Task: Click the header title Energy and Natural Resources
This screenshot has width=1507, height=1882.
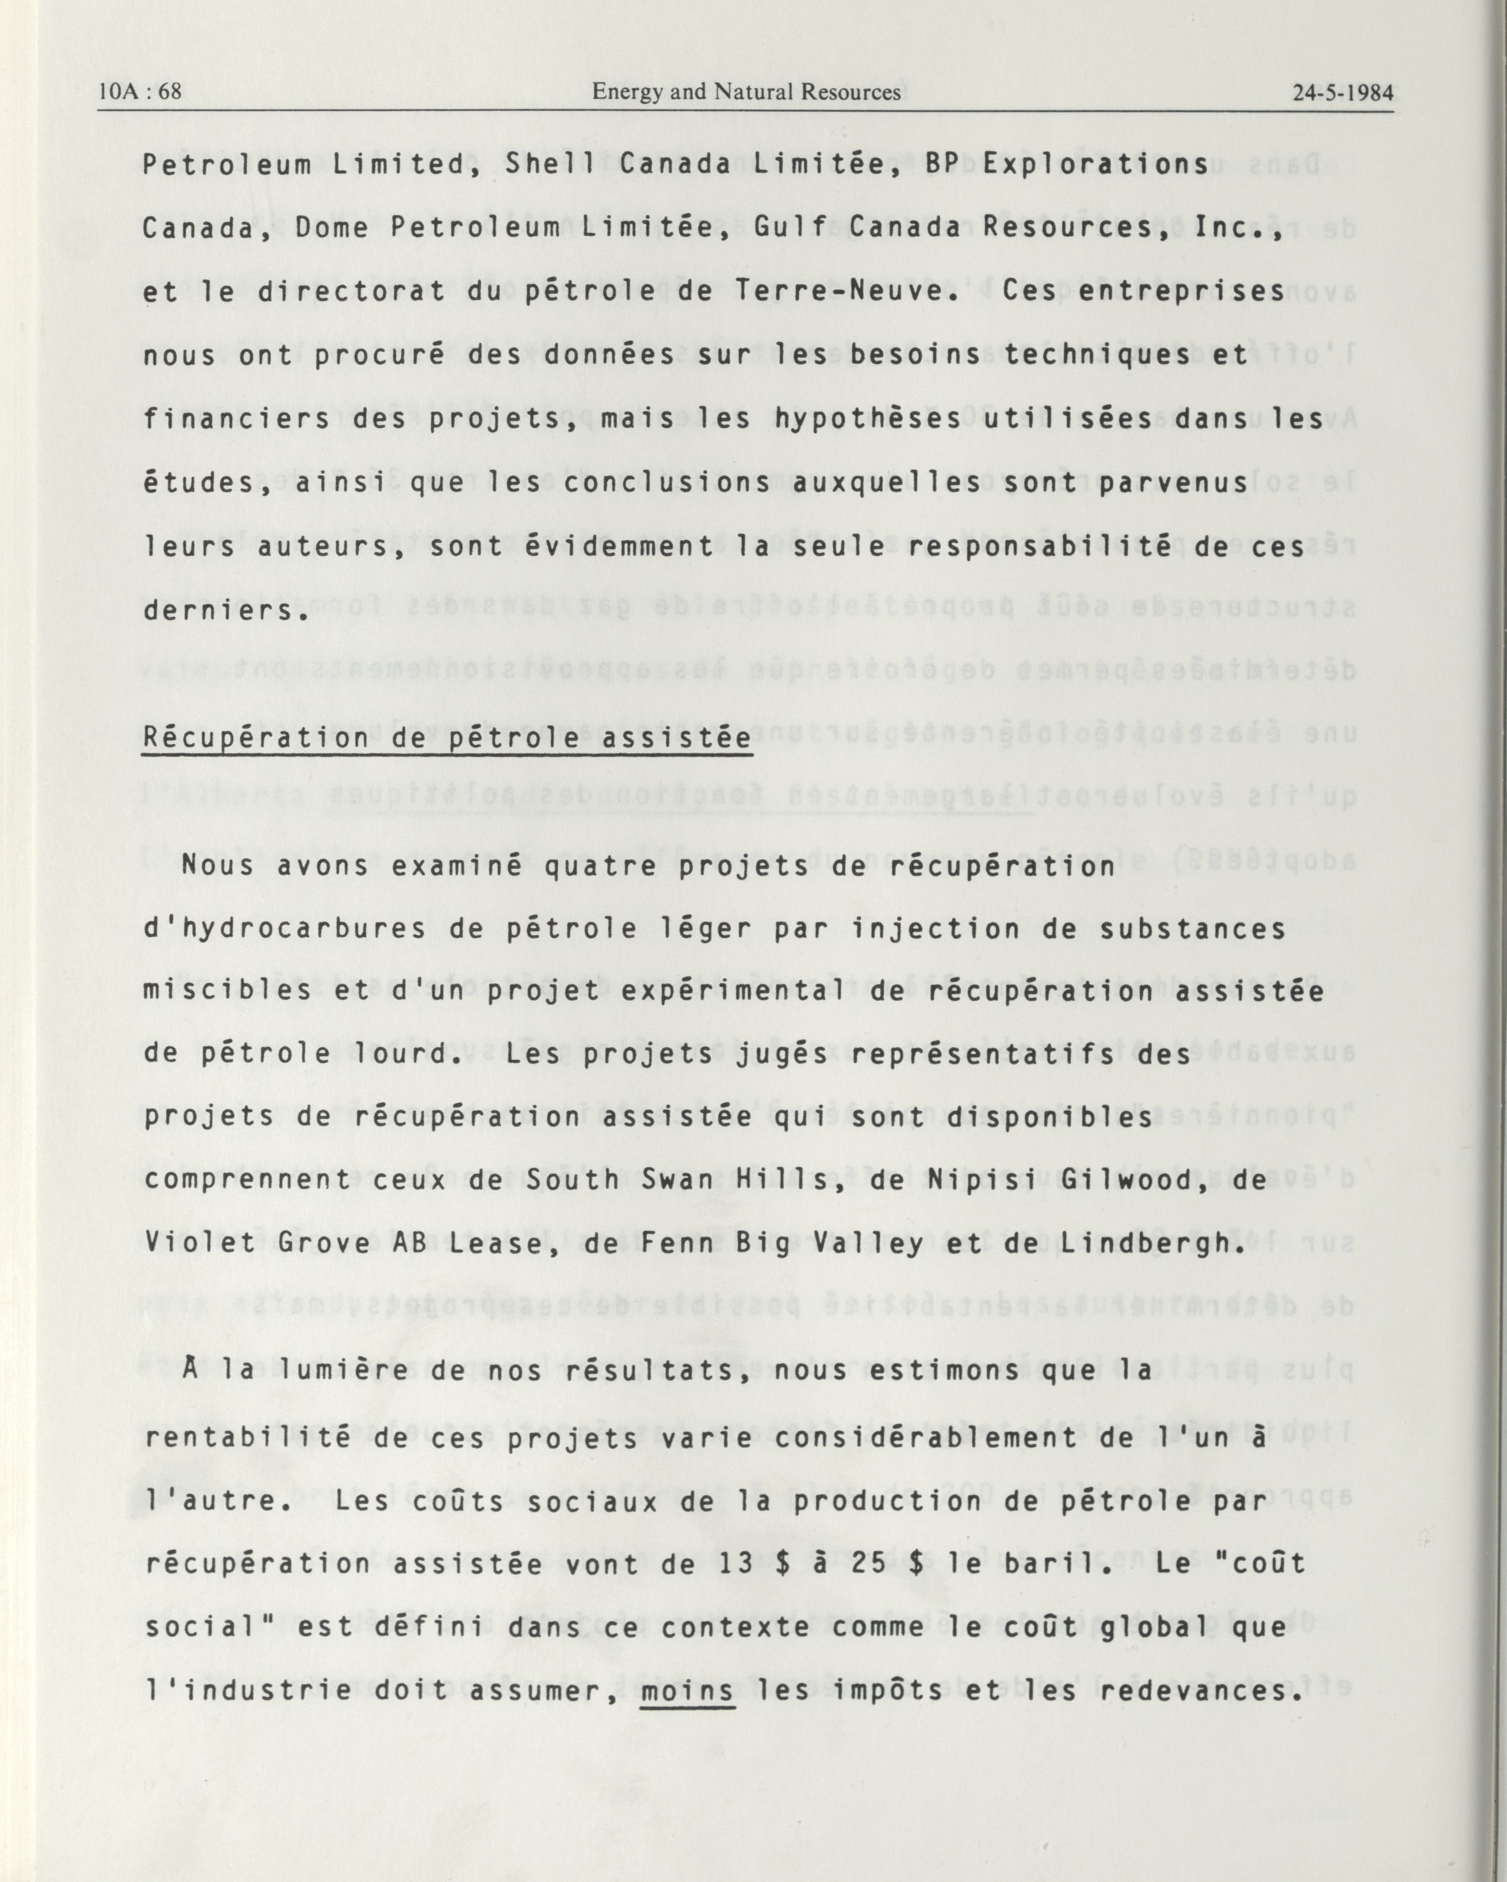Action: (x=746, y=92)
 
